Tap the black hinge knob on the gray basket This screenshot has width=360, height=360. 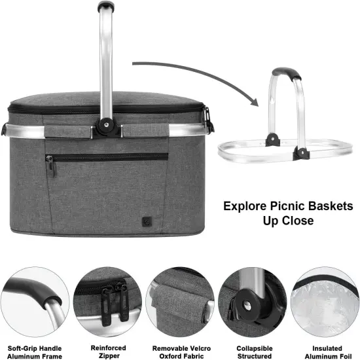click(105, 124)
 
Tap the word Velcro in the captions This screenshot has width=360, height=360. click(190, 348)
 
